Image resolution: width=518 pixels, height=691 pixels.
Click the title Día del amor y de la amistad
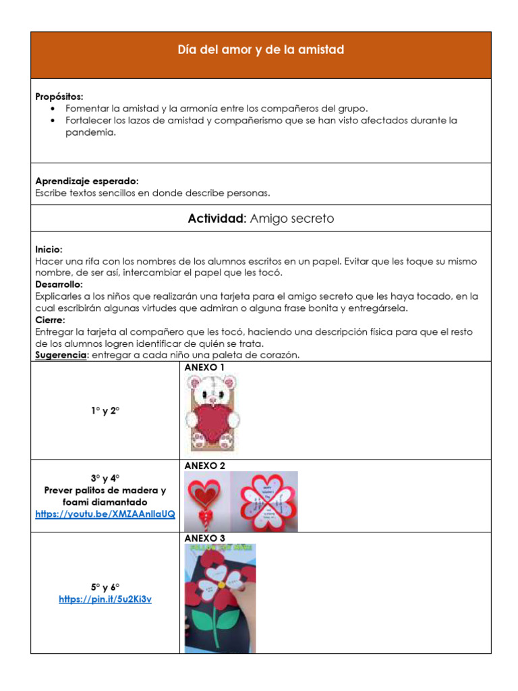tap(260, 50)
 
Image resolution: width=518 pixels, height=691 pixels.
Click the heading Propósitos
tap(59, 97)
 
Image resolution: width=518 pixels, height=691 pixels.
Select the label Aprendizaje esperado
tap(86, 182)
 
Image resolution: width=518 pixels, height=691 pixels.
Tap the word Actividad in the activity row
tap(217, 219)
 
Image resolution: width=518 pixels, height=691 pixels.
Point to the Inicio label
tap(49, 250)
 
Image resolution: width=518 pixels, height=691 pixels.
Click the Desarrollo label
tap(59, 285)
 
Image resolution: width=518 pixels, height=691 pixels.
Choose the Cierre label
tap(50, 320)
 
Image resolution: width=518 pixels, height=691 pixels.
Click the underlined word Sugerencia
tap(61, 355)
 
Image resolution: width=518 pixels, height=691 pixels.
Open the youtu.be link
tap(105, 514)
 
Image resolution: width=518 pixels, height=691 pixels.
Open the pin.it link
tap(105, 599)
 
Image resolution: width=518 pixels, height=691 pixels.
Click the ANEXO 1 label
tap(204, 368)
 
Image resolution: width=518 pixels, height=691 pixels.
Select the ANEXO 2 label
tap(204, 466)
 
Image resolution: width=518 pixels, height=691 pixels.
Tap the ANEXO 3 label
tap(204, 538)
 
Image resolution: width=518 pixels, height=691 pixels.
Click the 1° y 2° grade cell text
tap(105, 410)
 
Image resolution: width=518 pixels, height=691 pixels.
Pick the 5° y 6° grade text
tap(105, 587)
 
